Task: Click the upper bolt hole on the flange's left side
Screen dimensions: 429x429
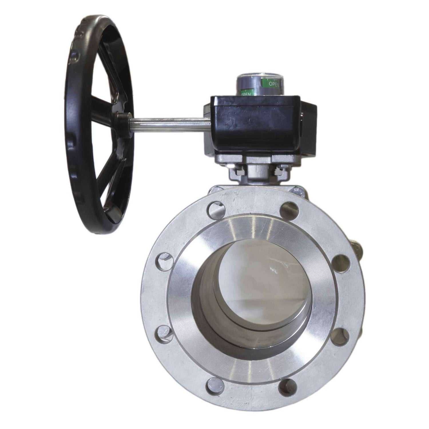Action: (x=164, y=261)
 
